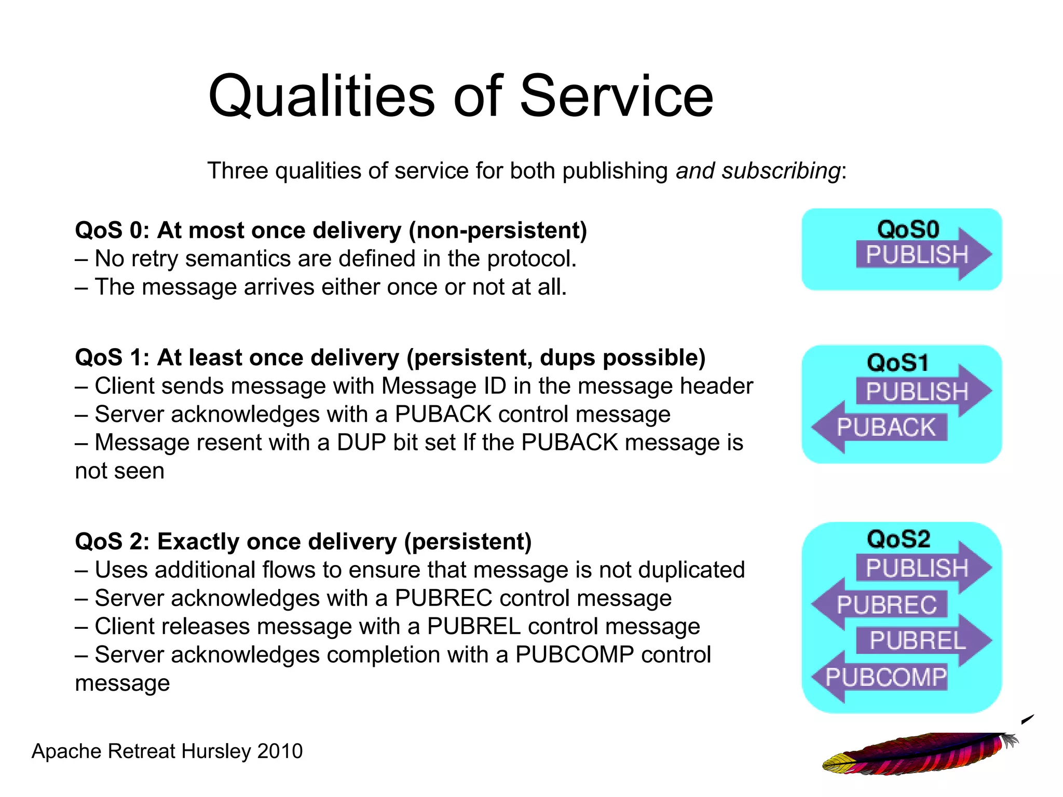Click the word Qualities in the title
pyautogui.click(x=321, y=97)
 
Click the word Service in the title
pyautogui.click(x=616, y=97)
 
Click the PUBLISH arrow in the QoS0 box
pyautogui.click(x=918, y=255)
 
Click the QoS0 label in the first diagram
pyautogui.click(x=908, y=229)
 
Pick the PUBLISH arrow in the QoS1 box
pyautogui.click(x=918, y=391)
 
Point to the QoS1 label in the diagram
pyautogui.click(x=898, y=362)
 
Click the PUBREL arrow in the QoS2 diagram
pyautogui.click(x=918, y=640)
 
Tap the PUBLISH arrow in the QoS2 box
pyautogui.click(x=918, y=568)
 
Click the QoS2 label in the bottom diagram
pyautogui.click(x=898, y=539)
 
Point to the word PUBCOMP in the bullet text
pyautogui.click(x=574, y=655)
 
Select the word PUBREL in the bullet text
pyautogui.click(x=473, y=626)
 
